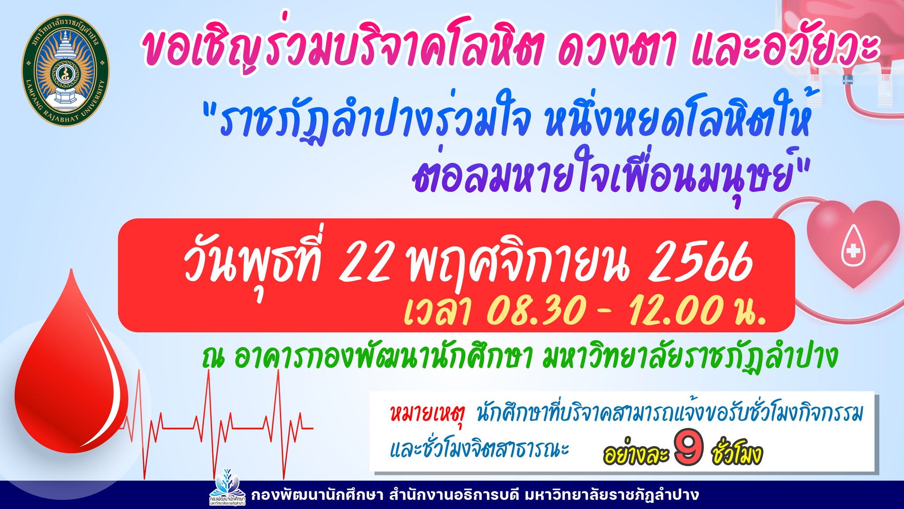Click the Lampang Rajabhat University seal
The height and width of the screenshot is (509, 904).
pyautogui.click(x=65, y=71)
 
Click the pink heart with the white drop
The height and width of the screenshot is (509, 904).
pyautogui.click(x=853, y=243)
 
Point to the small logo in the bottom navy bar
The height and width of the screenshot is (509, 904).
pyautogui.click(x=227, y=488)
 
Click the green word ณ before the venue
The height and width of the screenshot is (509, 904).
pyautogui.click(x=214, y=358)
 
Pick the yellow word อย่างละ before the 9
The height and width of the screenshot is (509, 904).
pyautogui.click(x=636, y=452)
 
